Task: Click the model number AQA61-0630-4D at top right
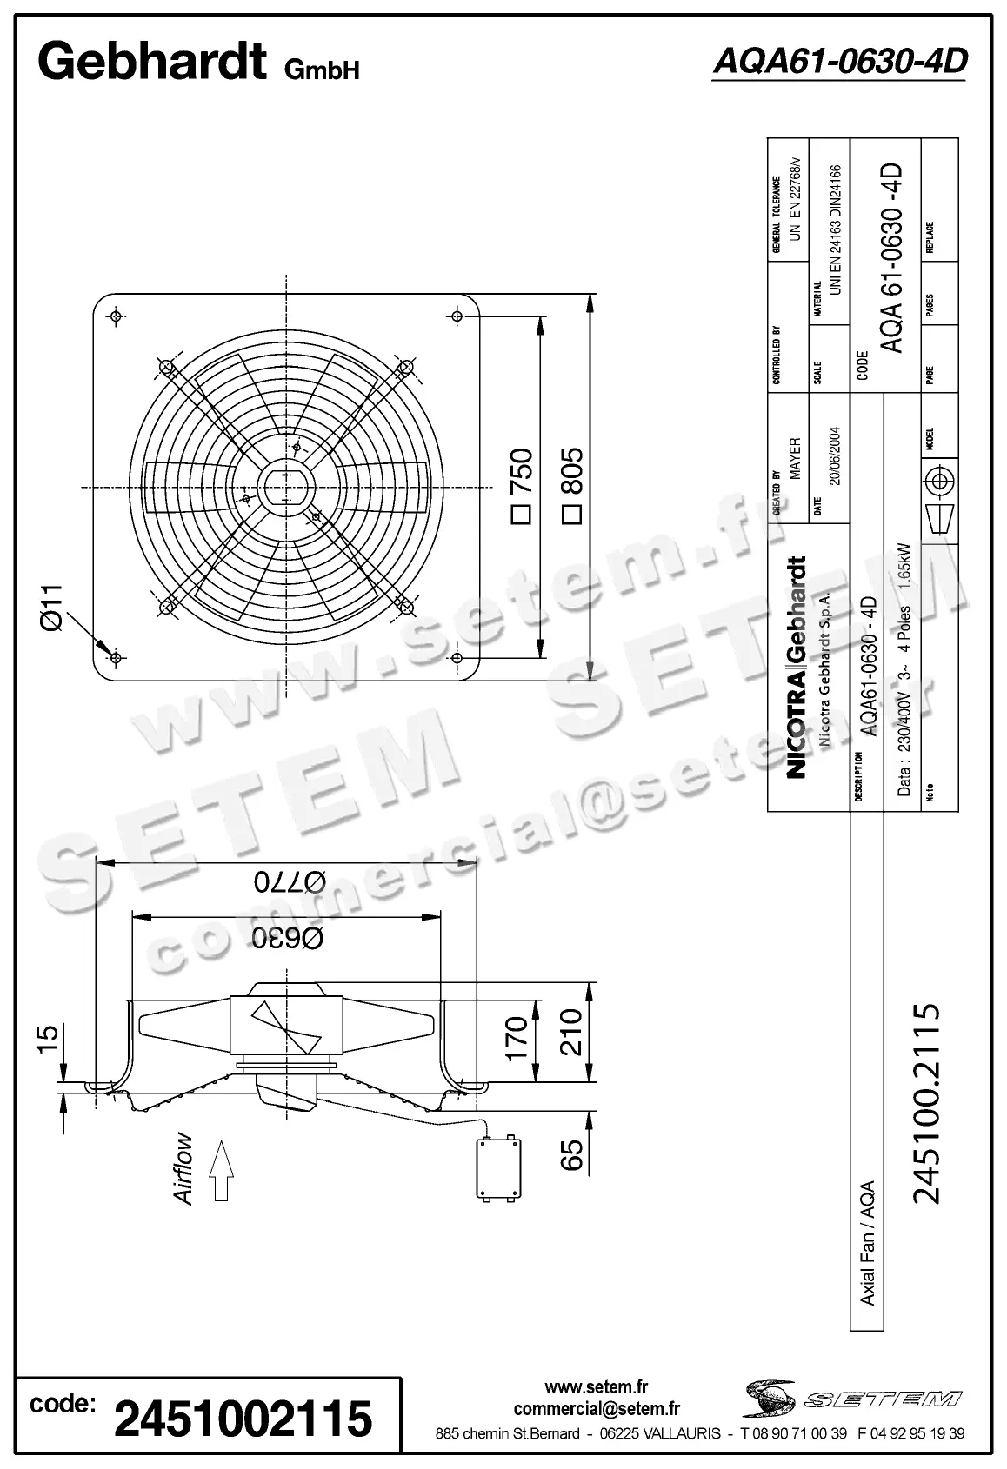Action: (838, 61)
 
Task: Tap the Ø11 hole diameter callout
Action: (54, 608)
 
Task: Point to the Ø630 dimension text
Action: (288, 937)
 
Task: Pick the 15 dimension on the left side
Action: (49, 1038)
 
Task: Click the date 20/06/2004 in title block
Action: (834, 455)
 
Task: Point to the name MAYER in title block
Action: (794, 459)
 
